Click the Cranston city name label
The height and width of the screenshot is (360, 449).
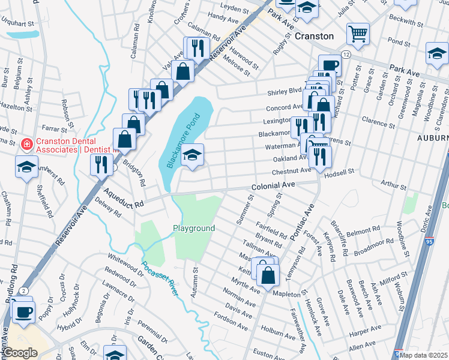tap(314, 36)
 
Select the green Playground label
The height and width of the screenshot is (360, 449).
tap(194, 229)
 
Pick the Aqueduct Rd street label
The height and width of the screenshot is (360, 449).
tap(124, 198)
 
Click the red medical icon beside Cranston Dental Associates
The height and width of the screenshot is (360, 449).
tap(26, 144)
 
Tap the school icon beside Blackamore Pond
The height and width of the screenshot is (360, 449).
tap(192, 155)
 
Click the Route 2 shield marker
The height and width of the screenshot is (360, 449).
tap(22, 291)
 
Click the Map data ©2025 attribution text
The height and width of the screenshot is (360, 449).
tap(424, 355)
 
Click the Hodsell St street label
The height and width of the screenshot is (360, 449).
tap(339, 172)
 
